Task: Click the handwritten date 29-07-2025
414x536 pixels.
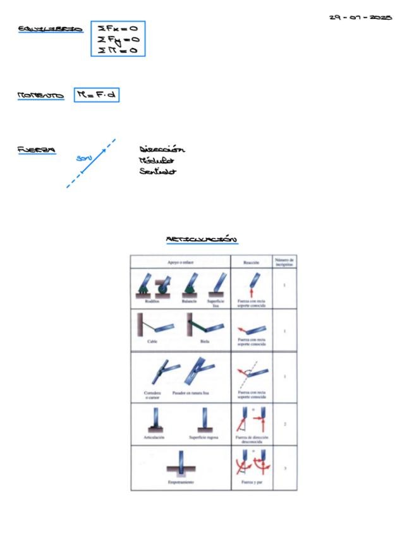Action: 361,17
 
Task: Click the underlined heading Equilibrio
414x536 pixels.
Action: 50,29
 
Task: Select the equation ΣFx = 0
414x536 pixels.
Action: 118,28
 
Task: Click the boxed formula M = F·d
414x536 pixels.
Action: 96,95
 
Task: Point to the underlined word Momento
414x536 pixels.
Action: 41,96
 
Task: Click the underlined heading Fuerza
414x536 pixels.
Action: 36,150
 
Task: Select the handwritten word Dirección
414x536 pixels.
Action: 162,150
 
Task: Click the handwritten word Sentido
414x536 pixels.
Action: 157,171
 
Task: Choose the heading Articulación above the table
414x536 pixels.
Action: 202,240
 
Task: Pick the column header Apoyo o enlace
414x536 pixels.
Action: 180,261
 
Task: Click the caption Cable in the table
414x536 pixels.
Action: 152,340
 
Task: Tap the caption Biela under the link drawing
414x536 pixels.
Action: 204,340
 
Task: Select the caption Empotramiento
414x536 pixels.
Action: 180,482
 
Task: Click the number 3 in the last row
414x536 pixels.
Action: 284,468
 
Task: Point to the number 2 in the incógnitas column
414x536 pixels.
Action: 284,424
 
